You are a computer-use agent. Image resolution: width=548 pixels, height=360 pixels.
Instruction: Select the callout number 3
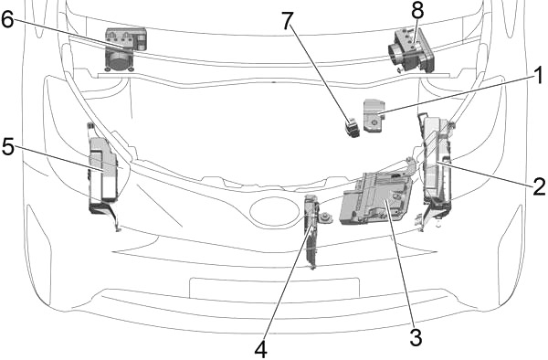tap(416, 337)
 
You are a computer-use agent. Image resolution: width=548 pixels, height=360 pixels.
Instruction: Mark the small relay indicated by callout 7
tap(352, 125)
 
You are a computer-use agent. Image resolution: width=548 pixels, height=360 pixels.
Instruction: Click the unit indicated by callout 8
tap(407, 47)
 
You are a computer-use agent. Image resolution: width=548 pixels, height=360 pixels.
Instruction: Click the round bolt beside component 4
tap(325, 218)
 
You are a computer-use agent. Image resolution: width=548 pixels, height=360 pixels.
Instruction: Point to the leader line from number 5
tap(55, 156)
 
